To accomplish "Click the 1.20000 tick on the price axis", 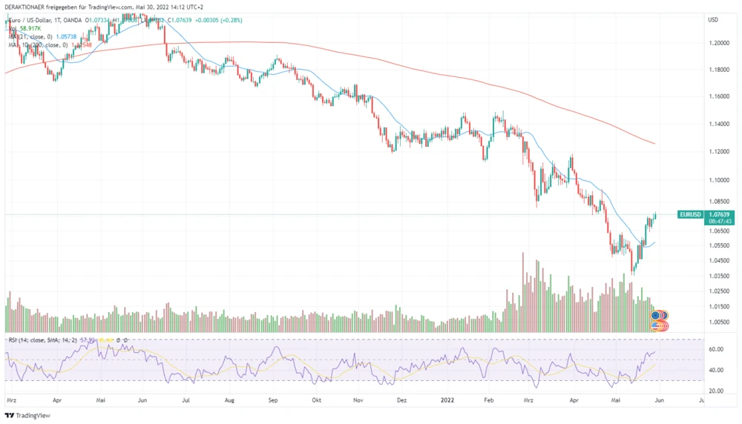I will tap(718, 43).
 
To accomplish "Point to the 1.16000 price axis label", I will tap(718, 96).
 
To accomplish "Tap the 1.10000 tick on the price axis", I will tap(718, 179).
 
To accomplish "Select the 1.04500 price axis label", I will tap(718, 260).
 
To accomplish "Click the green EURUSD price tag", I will tap(689, 214).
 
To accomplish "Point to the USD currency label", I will tap(714, 19).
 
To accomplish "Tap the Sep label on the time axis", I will tap(273, 398).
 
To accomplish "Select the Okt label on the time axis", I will tap(317, 398).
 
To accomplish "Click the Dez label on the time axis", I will tap(402, 398).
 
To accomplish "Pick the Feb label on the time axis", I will tap(488, 398).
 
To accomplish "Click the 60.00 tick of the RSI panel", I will tap(716, 349).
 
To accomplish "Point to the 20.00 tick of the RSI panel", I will tap(716, 391).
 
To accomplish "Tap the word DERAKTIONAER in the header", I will tap(27, 7).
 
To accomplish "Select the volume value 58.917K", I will tap(31, 27).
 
